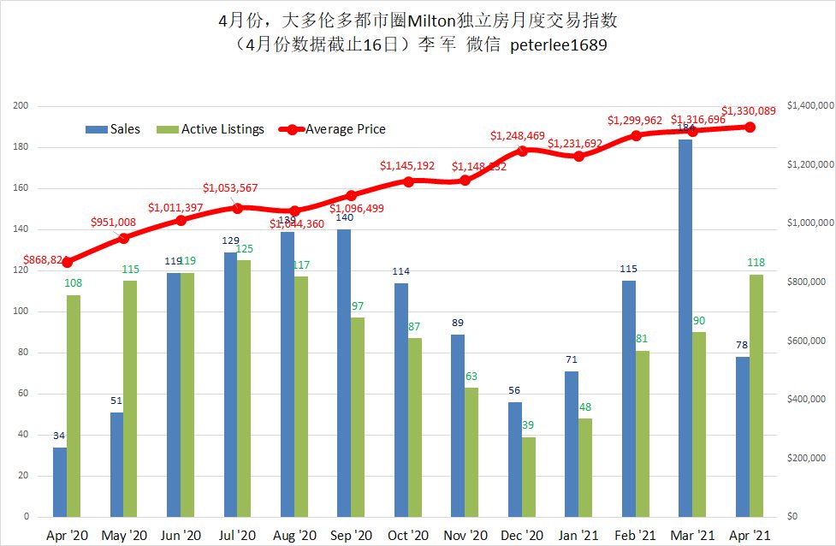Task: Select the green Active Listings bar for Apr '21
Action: click(x=756, y=395)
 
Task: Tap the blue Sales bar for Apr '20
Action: click(x=59, y=482)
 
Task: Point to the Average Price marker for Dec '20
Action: click(x=522, y=151)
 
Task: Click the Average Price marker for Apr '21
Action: click(x=750, y=127)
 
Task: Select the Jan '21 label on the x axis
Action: click(x=578, y=536)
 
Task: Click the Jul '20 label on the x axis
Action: click(x=237, y=536)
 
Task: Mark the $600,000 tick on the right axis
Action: click(x=805, y=341)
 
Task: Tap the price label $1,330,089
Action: click(x=749, y=110)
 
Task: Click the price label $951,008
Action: click(x=117, y=223)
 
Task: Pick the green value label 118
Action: click(x=756, y=263)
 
